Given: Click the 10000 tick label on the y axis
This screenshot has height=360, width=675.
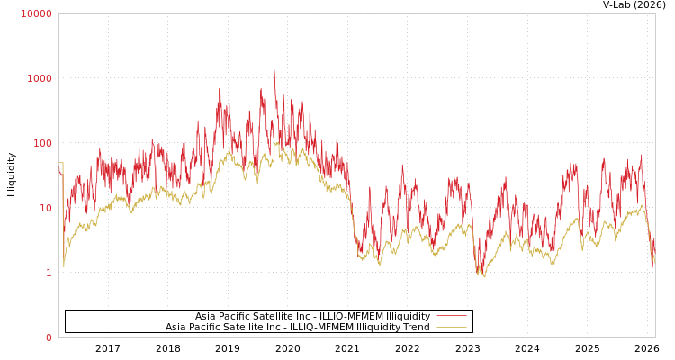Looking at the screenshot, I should [37, 13].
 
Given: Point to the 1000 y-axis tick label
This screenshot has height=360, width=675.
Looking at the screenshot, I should [40, 78].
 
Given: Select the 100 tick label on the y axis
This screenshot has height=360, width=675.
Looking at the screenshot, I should [42, 143].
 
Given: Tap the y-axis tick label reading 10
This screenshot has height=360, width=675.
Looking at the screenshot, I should [45, 208].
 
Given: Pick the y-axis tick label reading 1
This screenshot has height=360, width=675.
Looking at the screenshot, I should [49, 273].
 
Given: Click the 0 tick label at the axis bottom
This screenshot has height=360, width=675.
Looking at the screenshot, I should [49, 337].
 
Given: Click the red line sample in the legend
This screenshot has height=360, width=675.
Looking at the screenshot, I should [451, 317].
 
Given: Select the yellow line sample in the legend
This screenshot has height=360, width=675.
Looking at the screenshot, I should [451, 328].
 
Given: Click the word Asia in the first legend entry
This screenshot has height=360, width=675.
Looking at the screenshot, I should [206, 317].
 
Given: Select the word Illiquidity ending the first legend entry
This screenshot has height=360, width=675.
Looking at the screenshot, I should [408, 317].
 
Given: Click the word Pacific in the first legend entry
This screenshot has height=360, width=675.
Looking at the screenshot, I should [236, 317].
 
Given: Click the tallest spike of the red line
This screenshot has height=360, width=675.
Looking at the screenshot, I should [274, 71].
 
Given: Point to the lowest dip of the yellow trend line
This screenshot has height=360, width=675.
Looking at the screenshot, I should [484, 276].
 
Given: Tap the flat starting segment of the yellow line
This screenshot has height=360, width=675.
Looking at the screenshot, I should [60, 163].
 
